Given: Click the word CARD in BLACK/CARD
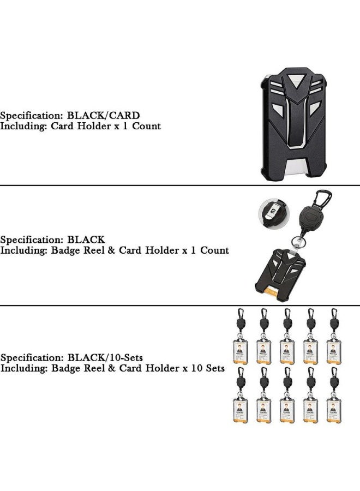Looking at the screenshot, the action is pos(124,116).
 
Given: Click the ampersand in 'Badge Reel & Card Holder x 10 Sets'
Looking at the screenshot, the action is pos(111,368).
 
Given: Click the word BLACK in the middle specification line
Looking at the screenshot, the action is pos(86,240).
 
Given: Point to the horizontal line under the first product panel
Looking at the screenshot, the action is pos(180,185).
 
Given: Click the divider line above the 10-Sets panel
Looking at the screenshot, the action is pos(180,306).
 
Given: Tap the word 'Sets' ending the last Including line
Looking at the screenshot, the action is pos(215,368).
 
